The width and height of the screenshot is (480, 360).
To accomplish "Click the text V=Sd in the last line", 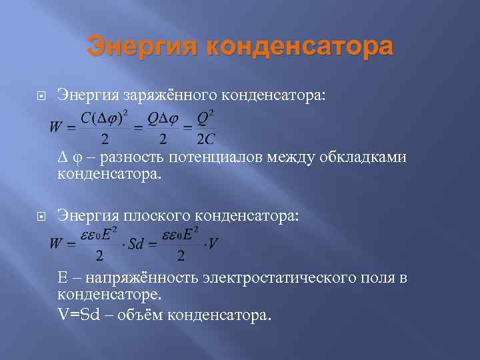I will point(79,315).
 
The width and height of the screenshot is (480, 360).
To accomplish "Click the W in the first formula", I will point(56,124).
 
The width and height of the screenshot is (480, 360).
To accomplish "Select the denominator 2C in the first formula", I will point(205,139).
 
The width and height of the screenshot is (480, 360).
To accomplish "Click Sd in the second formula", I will point(137,244).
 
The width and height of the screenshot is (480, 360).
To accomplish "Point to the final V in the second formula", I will point(213,244).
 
